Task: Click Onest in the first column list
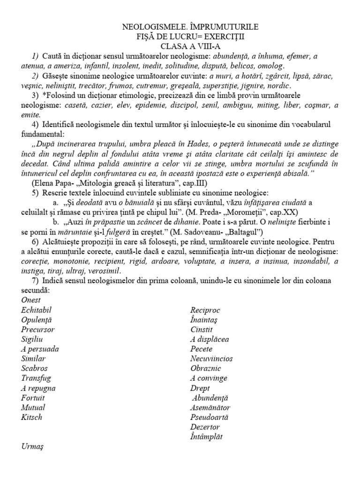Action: coord(31,300)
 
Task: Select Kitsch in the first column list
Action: coord(31,417)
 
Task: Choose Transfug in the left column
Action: coord(36,378)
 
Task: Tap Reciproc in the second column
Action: coord(205,310)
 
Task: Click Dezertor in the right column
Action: coord(205,427)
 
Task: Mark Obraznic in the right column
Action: coord(205,368)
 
